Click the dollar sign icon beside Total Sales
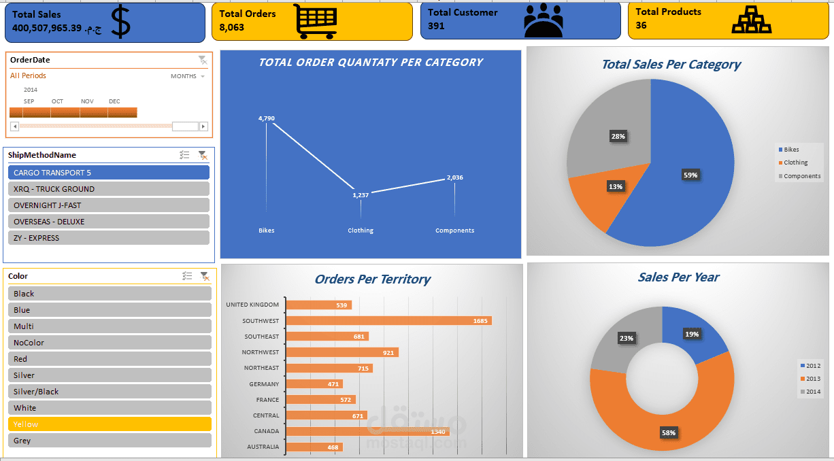(x=120, y=22)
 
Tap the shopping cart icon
(x=316, y=22)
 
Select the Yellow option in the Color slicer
(x=110, y=424)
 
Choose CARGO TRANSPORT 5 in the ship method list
(x=109, y=173)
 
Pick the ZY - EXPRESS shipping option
(x=109, y=238)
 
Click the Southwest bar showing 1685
(x=388, y=320)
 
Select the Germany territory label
(x=264, y=384)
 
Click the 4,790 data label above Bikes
(x=266, y=118)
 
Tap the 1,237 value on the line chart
(x=361, y=195)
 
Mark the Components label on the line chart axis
(x=454, y=230)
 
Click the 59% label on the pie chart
(x=690, y=175)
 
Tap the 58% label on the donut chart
(x=668, y=433)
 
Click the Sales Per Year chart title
(x=678, y=277)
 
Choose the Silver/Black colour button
(x=110, y=392)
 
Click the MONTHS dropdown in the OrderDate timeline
(x=187, y=76)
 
